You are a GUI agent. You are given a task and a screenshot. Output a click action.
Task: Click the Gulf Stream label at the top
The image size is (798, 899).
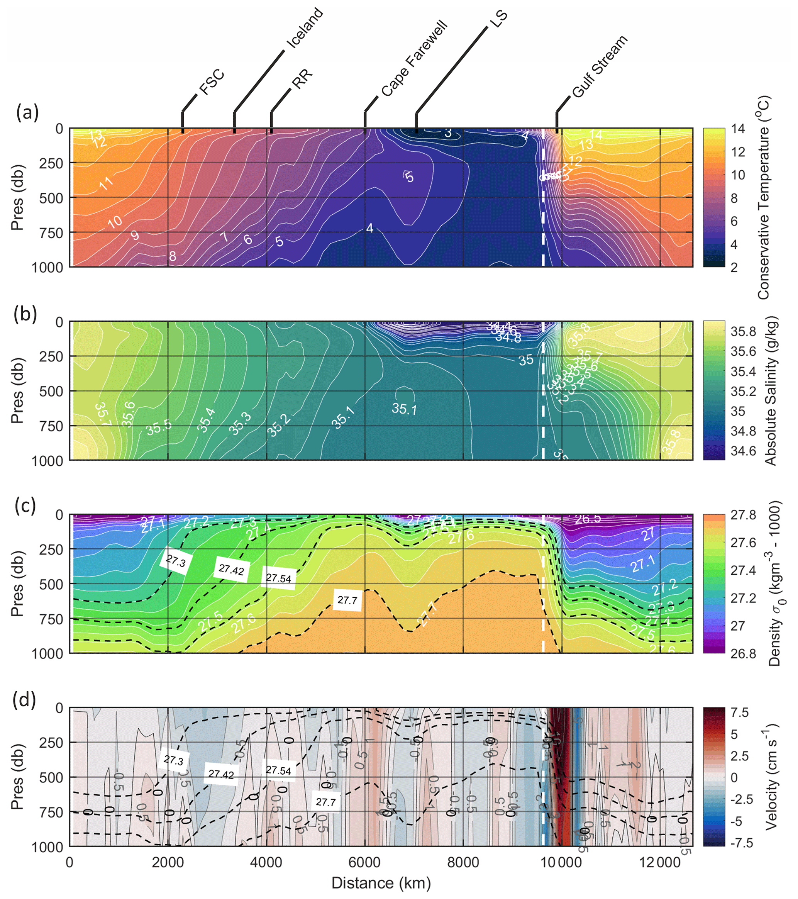[600, 66]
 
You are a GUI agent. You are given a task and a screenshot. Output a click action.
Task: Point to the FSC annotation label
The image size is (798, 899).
[212, 82]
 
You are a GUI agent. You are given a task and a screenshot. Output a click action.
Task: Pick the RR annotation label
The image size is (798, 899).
[303, 79]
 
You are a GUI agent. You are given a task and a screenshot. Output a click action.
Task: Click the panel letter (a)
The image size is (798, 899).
[27, 113]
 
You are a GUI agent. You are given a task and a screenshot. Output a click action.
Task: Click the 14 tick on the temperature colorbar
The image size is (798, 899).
[738, 129]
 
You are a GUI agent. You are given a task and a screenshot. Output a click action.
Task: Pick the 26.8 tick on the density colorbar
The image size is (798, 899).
[743, 653]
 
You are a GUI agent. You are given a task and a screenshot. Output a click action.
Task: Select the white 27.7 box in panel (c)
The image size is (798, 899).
[347, 600]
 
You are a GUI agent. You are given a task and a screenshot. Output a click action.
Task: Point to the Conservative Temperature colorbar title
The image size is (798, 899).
[764, 198]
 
